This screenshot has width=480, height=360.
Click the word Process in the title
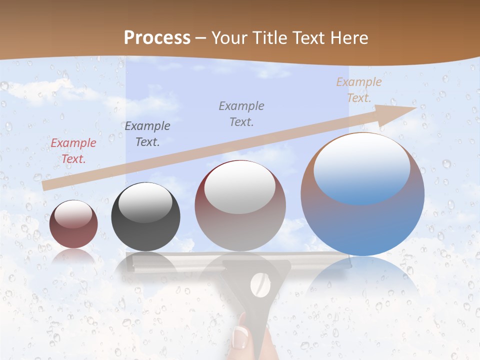[x=157, y=38]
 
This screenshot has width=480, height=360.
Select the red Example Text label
[x=73, y=151]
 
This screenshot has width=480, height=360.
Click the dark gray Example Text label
[x=147, y=134]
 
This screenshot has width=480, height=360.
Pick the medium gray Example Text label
[x=241, y=113]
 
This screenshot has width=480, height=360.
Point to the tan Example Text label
[x=358, y=90]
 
